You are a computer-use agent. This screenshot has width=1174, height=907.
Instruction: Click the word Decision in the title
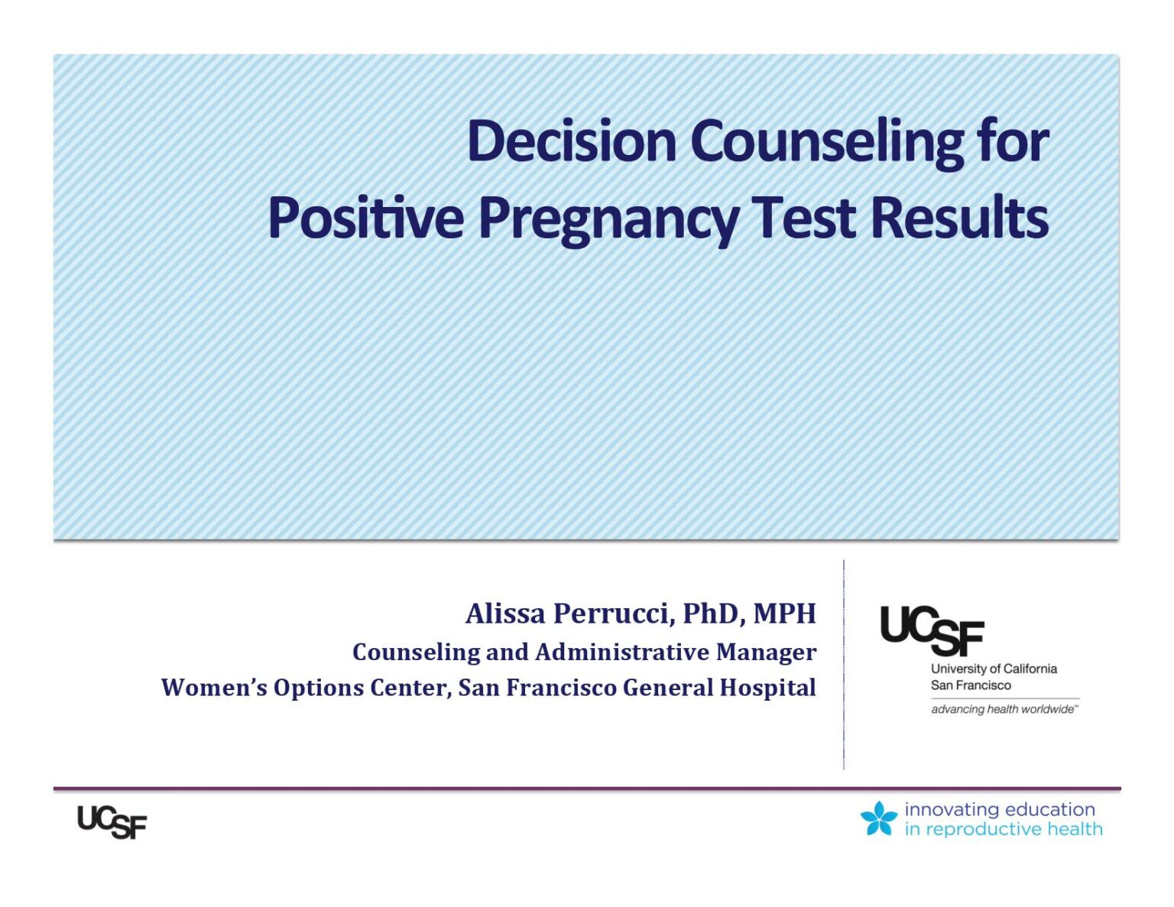572,141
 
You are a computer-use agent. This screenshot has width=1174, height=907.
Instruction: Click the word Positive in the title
366,218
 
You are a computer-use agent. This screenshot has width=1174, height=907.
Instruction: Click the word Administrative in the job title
621,652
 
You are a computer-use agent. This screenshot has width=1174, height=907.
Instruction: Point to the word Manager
766,653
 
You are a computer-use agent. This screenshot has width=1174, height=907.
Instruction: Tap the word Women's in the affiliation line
214,687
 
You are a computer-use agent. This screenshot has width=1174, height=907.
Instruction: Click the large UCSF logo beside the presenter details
932,630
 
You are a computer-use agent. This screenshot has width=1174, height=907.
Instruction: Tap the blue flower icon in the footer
878,818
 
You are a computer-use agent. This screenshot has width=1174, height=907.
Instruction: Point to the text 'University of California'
994,669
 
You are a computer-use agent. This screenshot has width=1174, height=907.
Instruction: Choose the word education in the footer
1048,810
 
